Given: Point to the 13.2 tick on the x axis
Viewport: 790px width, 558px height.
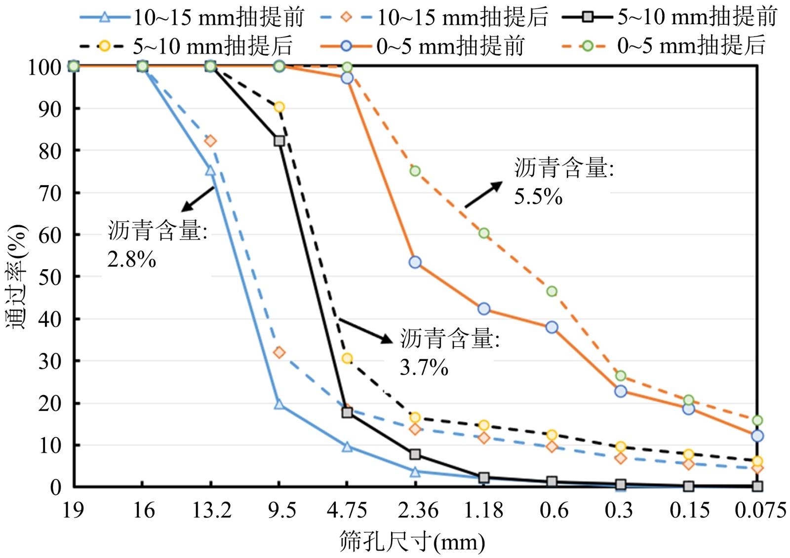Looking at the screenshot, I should (211, 510).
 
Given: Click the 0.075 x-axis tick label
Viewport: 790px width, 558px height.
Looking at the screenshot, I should (760, 510).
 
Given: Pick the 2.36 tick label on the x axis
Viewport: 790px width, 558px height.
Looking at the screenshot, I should (418, 510).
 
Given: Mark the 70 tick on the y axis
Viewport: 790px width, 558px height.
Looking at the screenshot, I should (50, 193).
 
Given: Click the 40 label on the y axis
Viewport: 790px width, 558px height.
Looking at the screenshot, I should (50, 319).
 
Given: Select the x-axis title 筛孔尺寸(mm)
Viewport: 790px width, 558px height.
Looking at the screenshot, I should (412, 542).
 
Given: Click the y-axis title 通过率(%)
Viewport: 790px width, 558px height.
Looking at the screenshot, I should (17, 277).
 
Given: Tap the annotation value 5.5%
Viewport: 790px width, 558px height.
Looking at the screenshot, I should (538, 197).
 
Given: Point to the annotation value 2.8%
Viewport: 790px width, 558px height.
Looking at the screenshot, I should (132, 260).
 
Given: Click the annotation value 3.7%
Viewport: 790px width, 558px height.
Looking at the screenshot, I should (424, 368).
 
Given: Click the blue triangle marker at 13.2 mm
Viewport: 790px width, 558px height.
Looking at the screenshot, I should (210, 170).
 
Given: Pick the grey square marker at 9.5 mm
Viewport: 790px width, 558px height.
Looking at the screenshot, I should (279, 141).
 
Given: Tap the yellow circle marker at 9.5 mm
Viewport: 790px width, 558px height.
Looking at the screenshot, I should (279, 107).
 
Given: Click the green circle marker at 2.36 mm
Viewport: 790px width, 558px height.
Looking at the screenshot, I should (415, 171).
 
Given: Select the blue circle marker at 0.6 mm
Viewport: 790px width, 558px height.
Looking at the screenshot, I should (552, 327).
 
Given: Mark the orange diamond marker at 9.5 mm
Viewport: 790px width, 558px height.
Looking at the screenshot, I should (279, 353).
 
